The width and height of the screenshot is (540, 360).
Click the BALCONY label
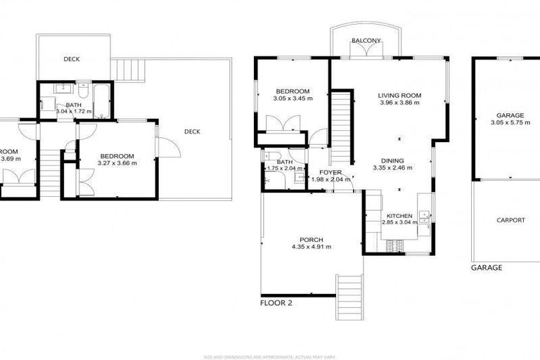(366, 41)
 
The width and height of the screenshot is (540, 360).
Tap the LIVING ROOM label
(399, 96)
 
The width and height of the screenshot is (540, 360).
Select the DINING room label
(392, 160)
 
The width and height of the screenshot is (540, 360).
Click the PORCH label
(311, 240)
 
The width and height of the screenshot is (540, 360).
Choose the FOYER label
(330, 172)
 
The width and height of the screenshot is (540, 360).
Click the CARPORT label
(510, 220)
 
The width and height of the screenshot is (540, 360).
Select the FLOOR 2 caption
(276, 303)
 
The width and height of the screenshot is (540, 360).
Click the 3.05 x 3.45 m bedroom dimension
(292, 99)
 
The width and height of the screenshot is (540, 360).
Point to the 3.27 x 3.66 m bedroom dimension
(117, 163)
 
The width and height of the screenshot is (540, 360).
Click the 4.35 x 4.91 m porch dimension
(311, 247)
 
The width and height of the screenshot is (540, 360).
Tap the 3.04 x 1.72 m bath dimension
(74, 112)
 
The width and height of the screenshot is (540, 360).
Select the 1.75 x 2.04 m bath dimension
(284, 169)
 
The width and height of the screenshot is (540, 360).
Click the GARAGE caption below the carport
(487, 268)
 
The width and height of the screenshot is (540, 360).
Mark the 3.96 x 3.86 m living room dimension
(399, 103)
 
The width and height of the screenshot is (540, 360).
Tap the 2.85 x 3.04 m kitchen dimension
(399, 222)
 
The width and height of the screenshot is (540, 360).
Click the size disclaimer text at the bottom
(270, 356)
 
